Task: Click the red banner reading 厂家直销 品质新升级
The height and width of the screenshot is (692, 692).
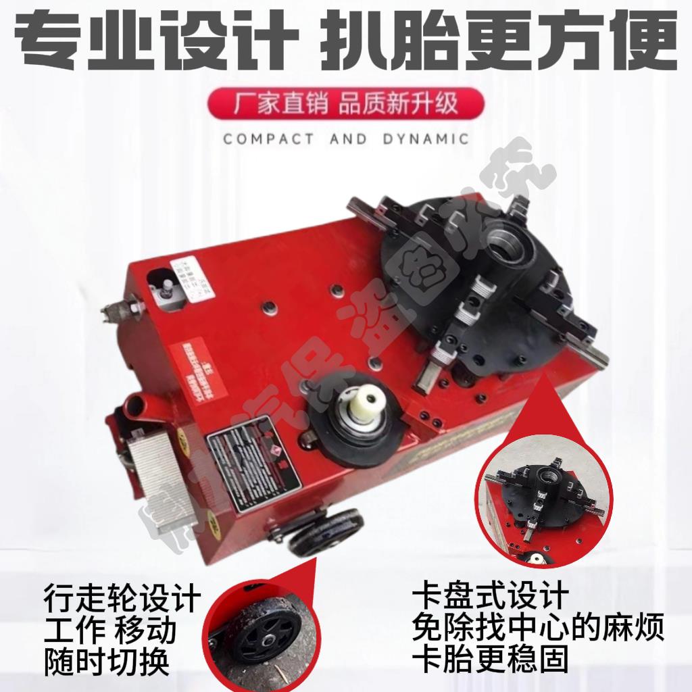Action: pos(346,105)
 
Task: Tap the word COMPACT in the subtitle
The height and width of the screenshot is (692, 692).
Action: pos(268,140)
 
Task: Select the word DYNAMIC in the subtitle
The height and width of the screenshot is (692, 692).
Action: pos(424,140)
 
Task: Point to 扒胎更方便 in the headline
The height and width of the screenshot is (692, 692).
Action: pos(503,40)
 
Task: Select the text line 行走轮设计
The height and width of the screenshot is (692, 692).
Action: pos(122,599)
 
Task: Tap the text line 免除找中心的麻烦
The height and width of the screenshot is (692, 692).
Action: pos(538,628)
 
